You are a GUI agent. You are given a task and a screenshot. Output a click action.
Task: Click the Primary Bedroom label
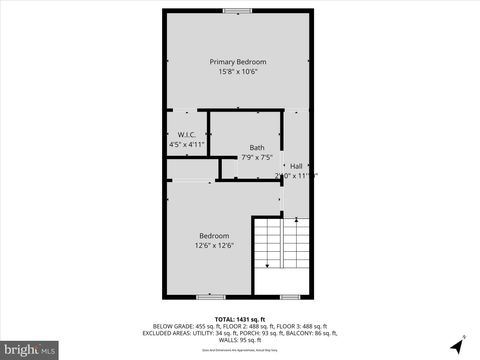238,62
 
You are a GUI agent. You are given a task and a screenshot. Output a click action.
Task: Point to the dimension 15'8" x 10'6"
238,72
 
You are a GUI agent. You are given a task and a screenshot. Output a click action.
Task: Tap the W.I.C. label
186,134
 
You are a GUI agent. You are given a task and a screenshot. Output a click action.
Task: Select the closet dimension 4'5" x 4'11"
186,144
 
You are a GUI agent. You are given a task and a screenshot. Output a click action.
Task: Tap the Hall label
296,166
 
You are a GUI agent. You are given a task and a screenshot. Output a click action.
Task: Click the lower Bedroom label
213,236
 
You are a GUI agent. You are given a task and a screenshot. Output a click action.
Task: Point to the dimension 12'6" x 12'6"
213,246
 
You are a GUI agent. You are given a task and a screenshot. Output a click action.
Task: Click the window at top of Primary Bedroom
237,11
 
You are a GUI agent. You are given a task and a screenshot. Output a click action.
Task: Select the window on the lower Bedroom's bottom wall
211,296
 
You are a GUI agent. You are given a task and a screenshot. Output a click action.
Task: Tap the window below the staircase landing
290,296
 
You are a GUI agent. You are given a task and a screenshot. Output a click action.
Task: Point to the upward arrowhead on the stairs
295,222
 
